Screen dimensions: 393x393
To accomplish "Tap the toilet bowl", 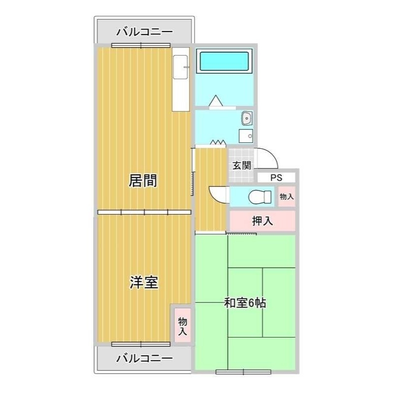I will (x=259, y=197).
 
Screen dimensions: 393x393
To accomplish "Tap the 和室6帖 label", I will (x=245, y=303).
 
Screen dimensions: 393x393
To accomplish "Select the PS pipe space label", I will (x=276, y=178).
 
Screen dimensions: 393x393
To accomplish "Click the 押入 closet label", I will (x=262, y=221).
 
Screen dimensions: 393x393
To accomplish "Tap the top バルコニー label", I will (x=144, y=33).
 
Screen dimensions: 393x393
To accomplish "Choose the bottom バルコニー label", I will (x=144, y=358).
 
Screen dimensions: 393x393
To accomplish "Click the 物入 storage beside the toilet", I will (x=286, y=196).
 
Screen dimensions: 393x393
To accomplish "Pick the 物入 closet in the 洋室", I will (x=182, y=326).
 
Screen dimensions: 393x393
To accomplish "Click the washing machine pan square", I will (x=246, y=136).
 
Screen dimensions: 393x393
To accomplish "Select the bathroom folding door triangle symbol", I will (x=216, y=101).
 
